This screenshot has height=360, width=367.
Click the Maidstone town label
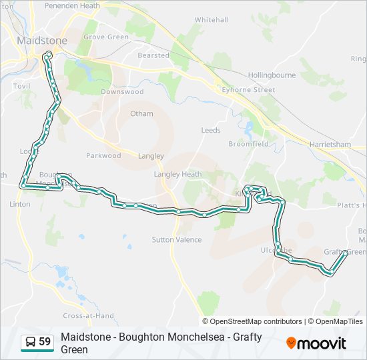pyautogui.click(x=41, y=40)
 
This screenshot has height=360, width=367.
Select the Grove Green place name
pyautogui.click(x=106, y=37)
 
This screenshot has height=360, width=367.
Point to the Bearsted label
pyautogui.click(x=153, y=55)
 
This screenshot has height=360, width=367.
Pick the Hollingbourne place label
pyautogui.click(x=270, y=75)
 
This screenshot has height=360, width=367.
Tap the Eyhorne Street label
pyautogui.click(x=249, y=89)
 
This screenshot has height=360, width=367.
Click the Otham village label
pyautogui.click(x=141, y=114)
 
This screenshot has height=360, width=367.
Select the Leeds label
pyautogui.click(x=211, y=131)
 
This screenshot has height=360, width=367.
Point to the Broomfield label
pyautogui.click(x=248, y=144)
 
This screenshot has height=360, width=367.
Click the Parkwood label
pyautogui.click(x=103, y=156)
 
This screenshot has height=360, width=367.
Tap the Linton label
pyautogui.click(x=20, y=205)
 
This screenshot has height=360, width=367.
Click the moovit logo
pyautogui.click(x=316, y=343)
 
